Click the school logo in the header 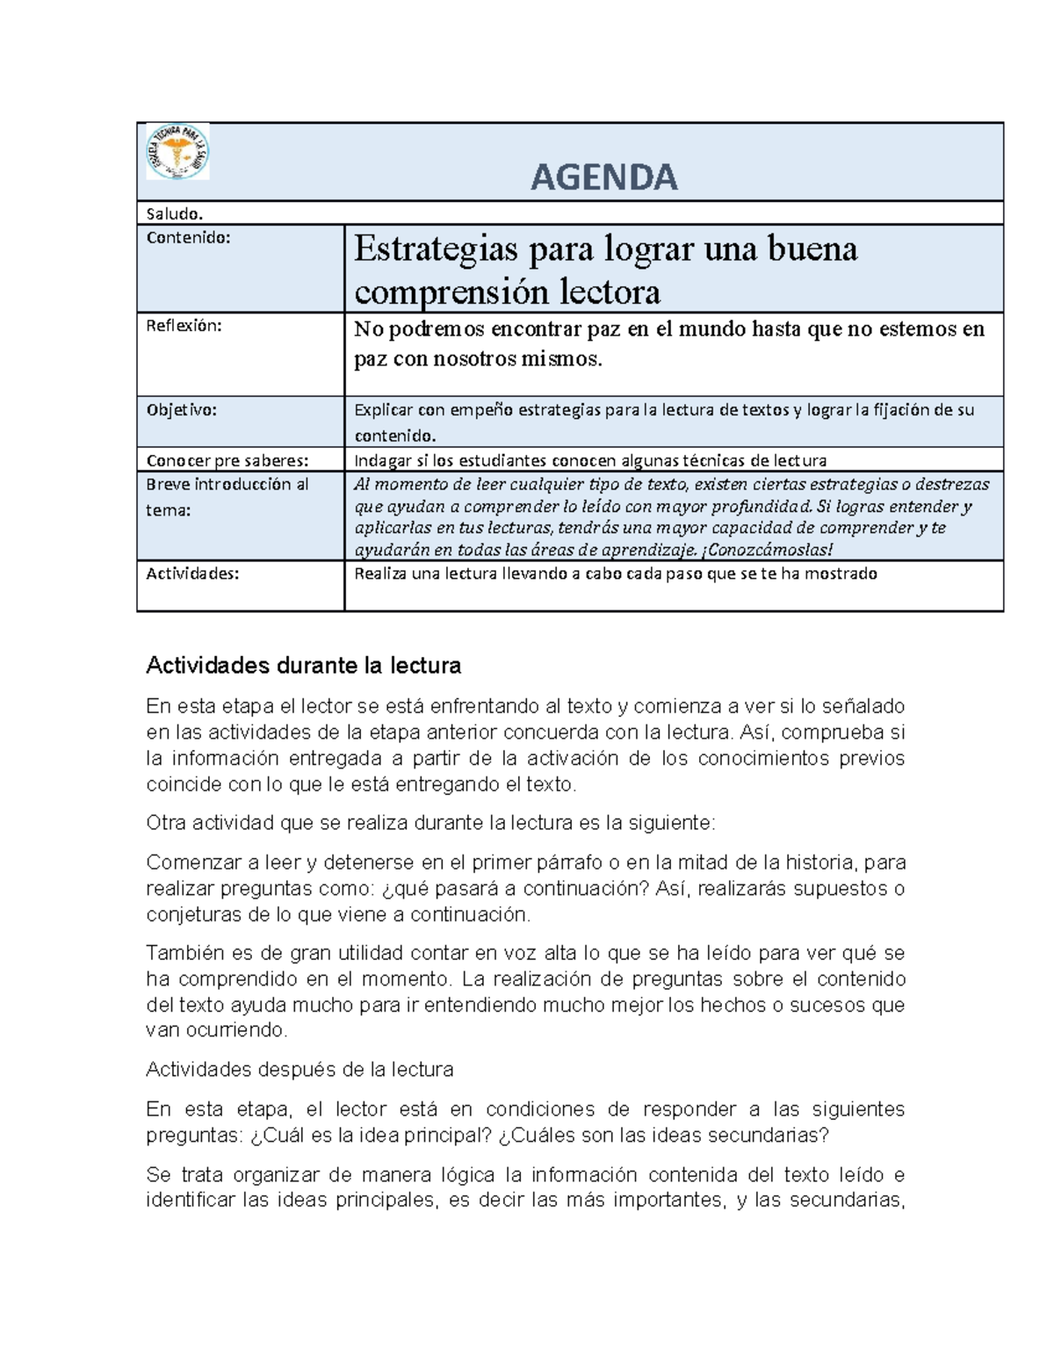pyautogui.click(x=177, y=152)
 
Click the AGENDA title pyautogui.click(x=604, y=177)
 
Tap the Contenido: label pyautogui.click(x=188, y=237)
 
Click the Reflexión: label pyautogui.click(x=184, y=326)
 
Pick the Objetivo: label pyautogui.click(x=181, y=409)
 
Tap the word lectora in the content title pyautogui.click(x=611, y=292)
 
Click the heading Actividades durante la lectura pyautogui.click(x=303, y=666)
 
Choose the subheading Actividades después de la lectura pyautogui.click(x=300, y=1070)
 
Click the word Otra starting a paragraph pyautogui.click(x=166, y=823)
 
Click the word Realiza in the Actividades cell pyautogui.click(x=379, y=574)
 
